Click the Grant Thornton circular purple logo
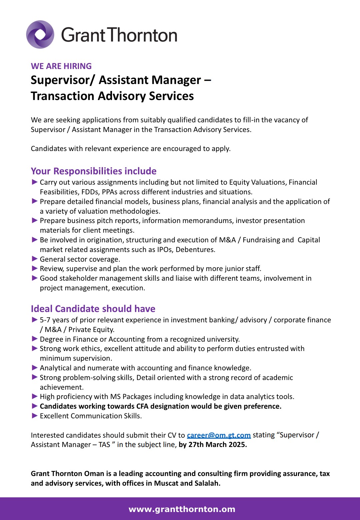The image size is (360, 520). [x=40, y=34]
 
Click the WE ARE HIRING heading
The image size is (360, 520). [x=61, y=66]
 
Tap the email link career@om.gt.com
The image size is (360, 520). [x=219, y=435]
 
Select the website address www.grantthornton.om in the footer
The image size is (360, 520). [x=182, y=509]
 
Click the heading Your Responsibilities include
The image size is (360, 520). [x=94, y=171]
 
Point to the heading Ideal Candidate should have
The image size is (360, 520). [x=93, y=309]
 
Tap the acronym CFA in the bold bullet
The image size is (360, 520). [x=142, y=406]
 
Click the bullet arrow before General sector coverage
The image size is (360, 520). [x=34, y=259]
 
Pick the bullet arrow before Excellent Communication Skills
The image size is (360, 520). [x=34, y=416]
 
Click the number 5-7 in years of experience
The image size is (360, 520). [x=45, y=320]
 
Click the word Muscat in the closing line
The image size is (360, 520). [x=166, y=483]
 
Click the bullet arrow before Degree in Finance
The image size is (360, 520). [x=34, y=339]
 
